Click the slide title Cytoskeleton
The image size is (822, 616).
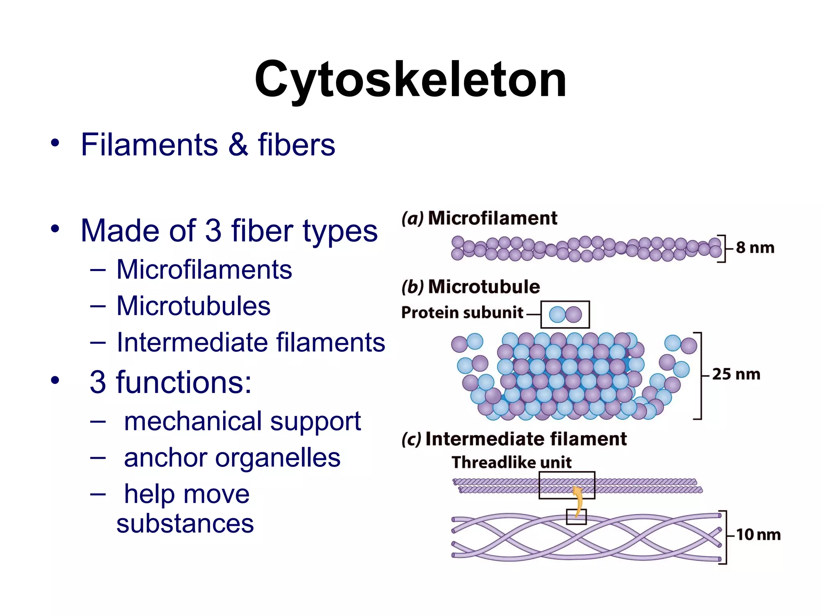click(410, 79)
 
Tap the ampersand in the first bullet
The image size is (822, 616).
click(238, 145)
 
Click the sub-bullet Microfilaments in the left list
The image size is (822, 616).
click(204, 269)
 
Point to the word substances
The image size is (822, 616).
click(185, 524)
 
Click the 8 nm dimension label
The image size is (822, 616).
click(755, 248)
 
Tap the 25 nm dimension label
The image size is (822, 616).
click(736, 375)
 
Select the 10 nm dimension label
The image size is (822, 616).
click(758, 535)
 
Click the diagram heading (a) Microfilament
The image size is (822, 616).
click(479, 219)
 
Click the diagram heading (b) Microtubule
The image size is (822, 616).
click(470, 287)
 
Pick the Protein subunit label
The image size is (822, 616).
click(462, 313)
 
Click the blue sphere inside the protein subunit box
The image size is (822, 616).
click(557, 315)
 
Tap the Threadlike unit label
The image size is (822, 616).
click(511, 462)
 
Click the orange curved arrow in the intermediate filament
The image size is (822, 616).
click(578, 501)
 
